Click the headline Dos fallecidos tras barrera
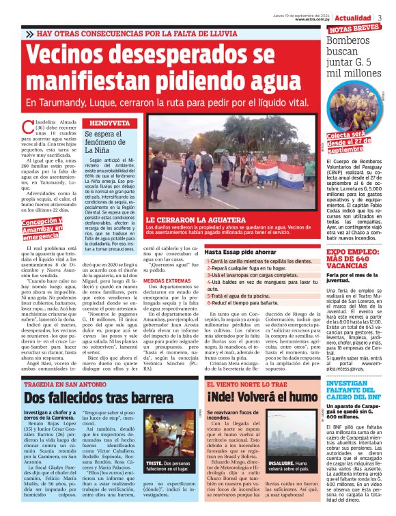pyautogui.click(x=92, y=397)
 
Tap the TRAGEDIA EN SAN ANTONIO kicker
pyautogui.click(x=66, y=384)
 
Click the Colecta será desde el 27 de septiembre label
pyautogui.click(x=356, y=141)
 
